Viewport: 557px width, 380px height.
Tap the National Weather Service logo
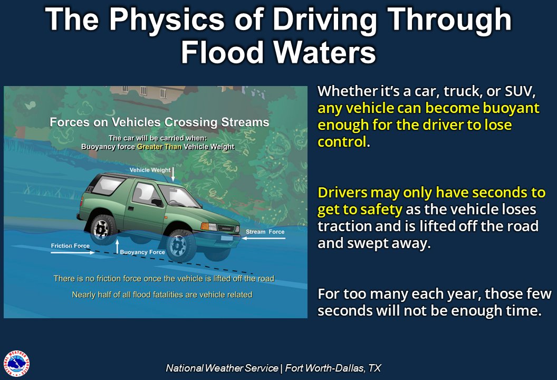16,364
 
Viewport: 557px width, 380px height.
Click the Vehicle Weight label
150,170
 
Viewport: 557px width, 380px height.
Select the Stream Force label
265,232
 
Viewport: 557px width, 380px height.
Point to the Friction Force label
70,246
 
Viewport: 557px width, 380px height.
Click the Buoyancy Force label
142,252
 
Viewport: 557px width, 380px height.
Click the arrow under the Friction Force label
72,253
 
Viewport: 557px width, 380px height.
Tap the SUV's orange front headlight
209,226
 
